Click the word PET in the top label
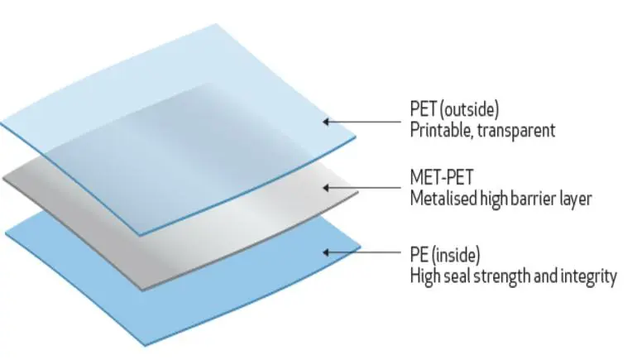click(x=424, y=109)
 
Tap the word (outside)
click(x=470, y=110)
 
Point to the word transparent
click(x=516, y=131)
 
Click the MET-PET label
click(x=442, y=177)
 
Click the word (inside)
click(x=456, y=255)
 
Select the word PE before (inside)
click(x=419, y=255)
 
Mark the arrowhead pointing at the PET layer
click(x=326, y=122)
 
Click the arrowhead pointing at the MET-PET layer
click(x=326, y=188)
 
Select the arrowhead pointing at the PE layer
click(x=326, y=252)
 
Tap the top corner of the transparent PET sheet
click(x=216, y=24)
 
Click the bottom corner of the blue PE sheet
click(x=145, y=346)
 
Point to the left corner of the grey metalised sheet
click(x=3, y=178)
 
